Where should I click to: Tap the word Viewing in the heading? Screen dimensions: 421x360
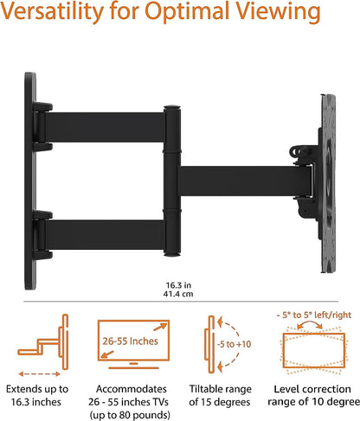point(286,16)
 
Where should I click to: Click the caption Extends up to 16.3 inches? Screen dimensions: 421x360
point(45,395)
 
